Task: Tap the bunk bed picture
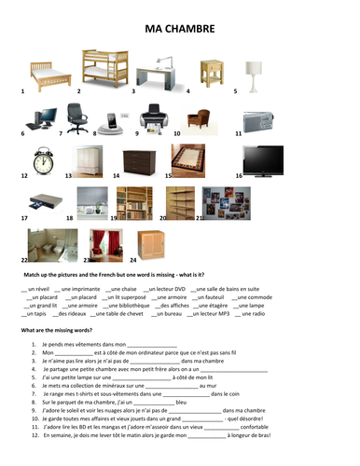[x=104, y=66]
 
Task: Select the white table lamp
[x=253, y=70]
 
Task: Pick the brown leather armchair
[x=199, y=117]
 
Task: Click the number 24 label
[x=132, y=260]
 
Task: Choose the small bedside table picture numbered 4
[x=210, y=71]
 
